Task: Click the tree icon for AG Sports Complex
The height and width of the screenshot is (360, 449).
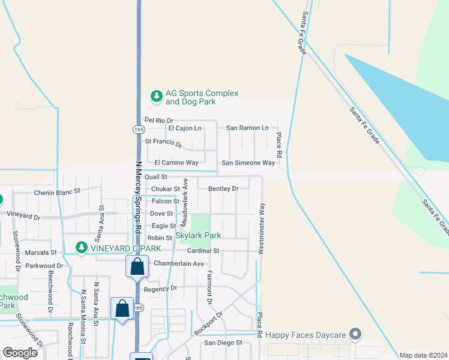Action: click(x=156, y=96)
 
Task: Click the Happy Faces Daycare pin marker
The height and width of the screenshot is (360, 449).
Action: click(x=356, y=334)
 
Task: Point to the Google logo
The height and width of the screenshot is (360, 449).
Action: click(x=20, y=353)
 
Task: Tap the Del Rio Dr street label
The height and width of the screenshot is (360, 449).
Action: click(x=158, y=121)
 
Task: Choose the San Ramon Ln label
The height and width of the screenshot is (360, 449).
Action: click(x=247, y=128)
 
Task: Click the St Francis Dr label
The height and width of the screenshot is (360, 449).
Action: click(x=163, y=143)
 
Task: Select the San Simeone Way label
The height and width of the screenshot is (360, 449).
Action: click(x=248, y=163)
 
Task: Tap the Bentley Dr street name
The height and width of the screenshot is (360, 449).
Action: click(x=223, y=188)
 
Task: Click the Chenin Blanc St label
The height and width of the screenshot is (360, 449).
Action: click(x=57, y=191)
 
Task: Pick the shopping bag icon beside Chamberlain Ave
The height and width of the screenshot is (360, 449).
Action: click(x=137, y=266)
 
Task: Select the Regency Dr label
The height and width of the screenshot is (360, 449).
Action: click(x=160, y=289)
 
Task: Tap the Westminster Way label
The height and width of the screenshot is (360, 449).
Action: click(x=262, y=229)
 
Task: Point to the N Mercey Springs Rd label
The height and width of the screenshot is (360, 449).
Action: click(x=137, y=197)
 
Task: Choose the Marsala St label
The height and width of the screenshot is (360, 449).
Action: click(x=41, y=253)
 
